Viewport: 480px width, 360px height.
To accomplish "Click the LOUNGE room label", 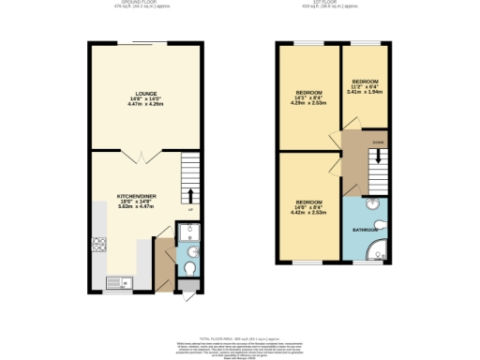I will tap(144, 95).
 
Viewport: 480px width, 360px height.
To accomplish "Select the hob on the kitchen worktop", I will tap(97, 247).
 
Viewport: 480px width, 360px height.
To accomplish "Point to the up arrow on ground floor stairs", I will tap(191, 196).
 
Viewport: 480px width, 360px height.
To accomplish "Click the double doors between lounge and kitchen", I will tap(135, 156).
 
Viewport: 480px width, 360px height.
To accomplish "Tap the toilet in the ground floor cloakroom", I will tap(189, 270).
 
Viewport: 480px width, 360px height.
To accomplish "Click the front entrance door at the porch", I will tap(183, 296).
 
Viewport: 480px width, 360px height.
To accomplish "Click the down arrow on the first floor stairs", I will tap(377, 158).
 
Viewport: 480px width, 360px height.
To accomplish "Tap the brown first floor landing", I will tap(354, 164).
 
